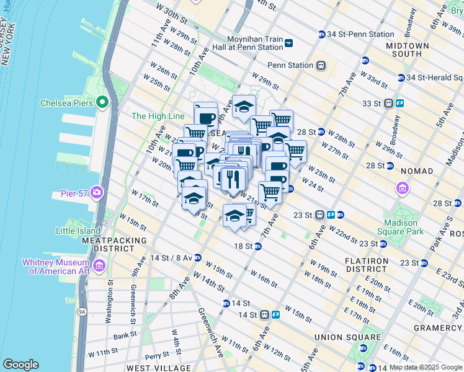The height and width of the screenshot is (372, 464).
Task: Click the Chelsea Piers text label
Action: pyautogui.click(x=66, y=103)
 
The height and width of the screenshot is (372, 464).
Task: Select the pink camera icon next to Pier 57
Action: pyautogui.click(x=96, y=193)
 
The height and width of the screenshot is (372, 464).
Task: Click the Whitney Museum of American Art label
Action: pyautogui.click(x=56, y=267)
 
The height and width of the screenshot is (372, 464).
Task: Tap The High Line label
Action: pyautogui.click(x=158, y=116)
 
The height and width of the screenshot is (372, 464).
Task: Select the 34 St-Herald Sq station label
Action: pyautogui.click(x=434, y=77)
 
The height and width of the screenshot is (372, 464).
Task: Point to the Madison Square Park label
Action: pyautogui.click(x=404, y=228)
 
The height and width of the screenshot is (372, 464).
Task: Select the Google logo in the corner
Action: pyautogui.click(x=20, y=365)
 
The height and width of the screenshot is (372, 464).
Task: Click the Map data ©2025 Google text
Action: pyautogui.click(x=426, y=367)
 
